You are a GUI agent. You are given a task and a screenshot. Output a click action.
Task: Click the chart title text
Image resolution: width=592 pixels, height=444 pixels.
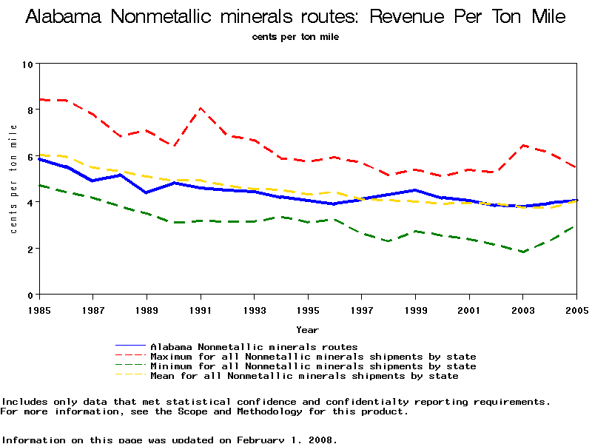click(295, 17)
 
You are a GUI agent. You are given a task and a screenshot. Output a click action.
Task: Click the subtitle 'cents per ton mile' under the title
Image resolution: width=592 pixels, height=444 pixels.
click(295, 36)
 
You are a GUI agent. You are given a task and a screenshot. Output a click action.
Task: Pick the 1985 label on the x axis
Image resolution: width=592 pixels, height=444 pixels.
click(39, 308)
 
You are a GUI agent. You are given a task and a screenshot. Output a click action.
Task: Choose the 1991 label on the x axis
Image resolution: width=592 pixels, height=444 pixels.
click(201, 308)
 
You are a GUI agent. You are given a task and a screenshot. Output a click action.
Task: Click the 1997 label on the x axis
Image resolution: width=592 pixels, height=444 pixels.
click(362, 308)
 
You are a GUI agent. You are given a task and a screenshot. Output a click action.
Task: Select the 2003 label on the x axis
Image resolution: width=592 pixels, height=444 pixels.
click(523, 308)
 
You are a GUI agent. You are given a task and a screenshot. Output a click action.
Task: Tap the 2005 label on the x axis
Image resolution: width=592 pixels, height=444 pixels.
click(576, 308)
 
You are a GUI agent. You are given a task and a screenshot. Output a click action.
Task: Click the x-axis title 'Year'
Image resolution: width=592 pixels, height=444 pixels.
click(308, 329)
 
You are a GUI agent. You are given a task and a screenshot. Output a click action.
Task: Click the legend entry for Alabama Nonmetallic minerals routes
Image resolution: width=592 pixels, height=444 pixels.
click(254, 346)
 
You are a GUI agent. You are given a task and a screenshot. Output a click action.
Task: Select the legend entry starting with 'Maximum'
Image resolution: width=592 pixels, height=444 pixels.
click(313, 357)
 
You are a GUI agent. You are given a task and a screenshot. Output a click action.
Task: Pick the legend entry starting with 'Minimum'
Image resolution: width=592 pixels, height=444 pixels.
click(313, 366)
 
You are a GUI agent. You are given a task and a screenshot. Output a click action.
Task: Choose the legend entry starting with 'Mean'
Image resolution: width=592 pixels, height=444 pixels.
click(304, 376)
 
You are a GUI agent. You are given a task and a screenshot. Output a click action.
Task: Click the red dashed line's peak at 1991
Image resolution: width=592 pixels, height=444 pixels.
click(201, 108)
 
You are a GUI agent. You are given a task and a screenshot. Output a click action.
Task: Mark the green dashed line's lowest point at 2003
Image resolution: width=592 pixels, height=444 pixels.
click(523, 252)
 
